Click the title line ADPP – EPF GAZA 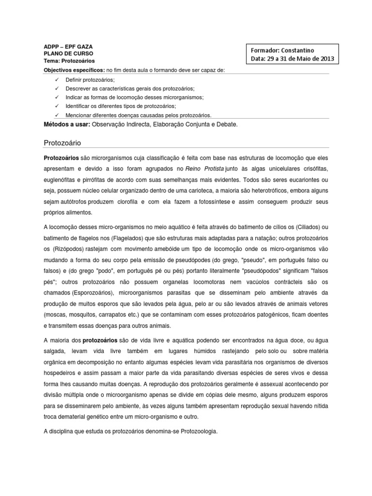tap(68, 46)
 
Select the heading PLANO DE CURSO tap(69, 54)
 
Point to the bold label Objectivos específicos tap(74, 71)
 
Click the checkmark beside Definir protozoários tap(57, 79)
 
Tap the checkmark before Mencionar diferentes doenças tap(57, 115)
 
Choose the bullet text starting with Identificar tap(121, 106)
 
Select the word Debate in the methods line tap(226, 125)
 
